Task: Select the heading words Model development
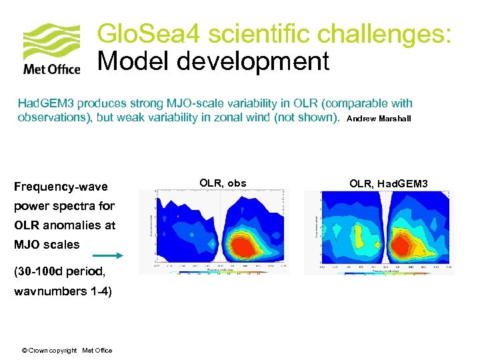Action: [213, 61]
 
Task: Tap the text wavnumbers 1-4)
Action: [63, 291]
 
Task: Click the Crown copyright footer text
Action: [67, 351]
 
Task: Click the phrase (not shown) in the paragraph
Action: [309, 118]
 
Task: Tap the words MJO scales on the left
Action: [47, 245]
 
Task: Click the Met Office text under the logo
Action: [51, 69]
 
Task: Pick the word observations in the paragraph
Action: [53, 118]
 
